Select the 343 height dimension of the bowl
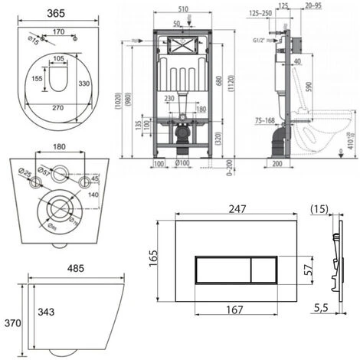click(x=44, y=310)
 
